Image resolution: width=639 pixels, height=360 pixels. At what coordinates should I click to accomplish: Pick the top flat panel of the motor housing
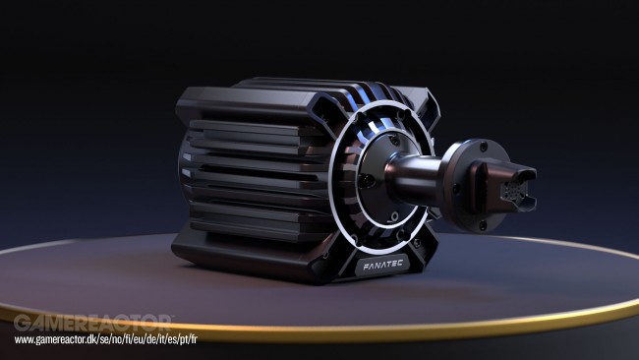[275, 92]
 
